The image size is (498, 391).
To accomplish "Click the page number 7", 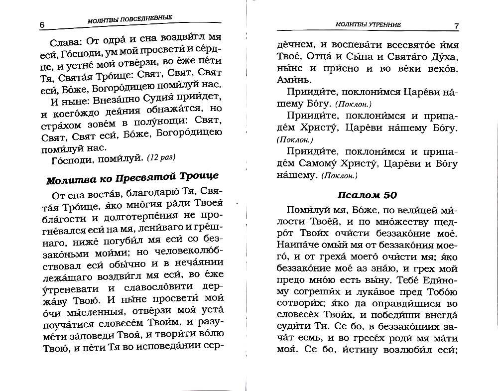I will click(456, 25).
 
